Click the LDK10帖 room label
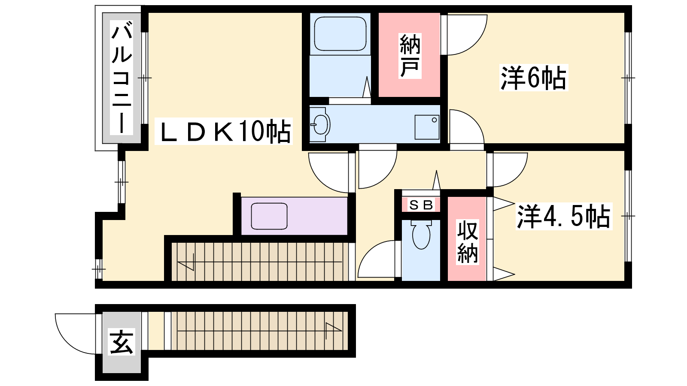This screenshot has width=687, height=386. tap(224, 131)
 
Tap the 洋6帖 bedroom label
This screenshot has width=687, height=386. tap(533, 78)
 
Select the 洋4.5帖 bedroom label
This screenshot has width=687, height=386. tap(564, 216)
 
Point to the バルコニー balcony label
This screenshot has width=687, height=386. tap(122, 78)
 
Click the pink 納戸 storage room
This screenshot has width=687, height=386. tap(410, 55)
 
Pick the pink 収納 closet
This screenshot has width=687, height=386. tap(467, 239)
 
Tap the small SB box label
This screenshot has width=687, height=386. tap(421, 205)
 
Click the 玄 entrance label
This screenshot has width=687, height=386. tap(121, 341)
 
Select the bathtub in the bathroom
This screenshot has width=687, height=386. tap(340, 34)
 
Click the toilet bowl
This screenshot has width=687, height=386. tap(421, 235)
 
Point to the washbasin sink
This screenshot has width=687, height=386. tap(320, 124)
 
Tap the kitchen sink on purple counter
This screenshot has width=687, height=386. tap(269, 216)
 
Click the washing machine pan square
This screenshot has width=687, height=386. tap(427, 127)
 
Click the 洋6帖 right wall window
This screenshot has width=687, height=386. tap(628, 78)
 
